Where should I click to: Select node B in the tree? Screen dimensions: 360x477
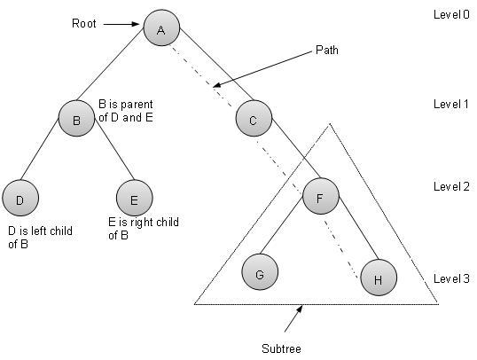(x=77, y=121)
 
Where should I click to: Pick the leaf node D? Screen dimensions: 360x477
(x=20, y=200)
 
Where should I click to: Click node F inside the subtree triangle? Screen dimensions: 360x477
(x=321, y=197)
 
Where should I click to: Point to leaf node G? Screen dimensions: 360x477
(x=260, y=274)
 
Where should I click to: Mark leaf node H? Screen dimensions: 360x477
(x=379, y=278)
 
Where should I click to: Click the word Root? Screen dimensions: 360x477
(x=83, y=24)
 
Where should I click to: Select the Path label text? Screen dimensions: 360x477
(x=327, y=49)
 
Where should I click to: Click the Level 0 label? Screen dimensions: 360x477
(x=452, y=15)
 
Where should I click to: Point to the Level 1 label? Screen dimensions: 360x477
(x=452, y=105)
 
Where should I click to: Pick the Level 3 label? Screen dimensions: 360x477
(x=452, y=278)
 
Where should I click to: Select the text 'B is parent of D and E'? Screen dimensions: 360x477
(x=125, y=110)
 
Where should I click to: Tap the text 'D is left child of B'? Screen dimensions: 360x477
(x=40, y=238)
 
